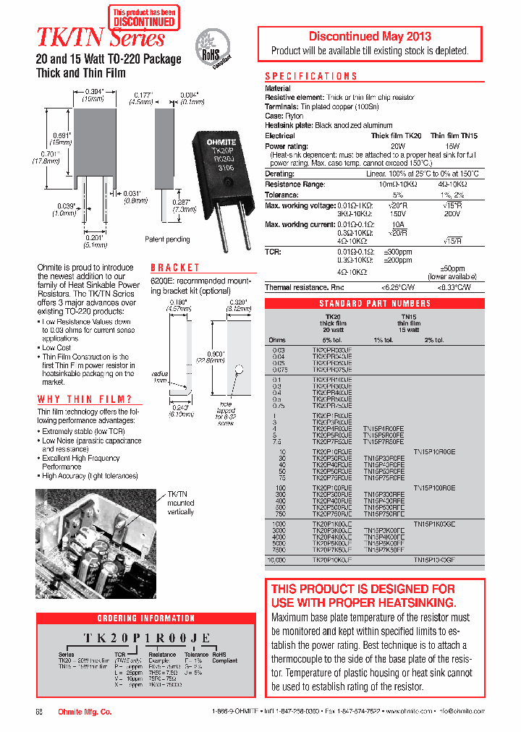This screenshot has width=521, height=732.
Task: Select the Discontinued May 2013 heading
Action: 370,36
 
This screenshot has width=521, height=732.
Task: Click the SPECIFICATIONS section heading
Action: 310,76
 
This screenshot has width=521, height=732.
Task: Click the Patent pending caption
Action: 167,239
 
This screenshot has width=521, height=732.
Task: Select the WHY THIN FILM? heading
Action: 85,399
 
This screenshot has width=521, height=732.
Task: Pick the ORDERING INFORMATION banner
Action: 145,618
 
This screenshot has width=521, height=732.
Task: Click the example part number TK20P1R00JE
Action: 147,637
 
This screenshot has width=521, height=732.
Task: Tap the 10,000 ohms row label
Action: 278,560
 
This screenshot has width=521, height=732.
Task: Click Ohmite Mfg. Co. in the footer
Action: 85,712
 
